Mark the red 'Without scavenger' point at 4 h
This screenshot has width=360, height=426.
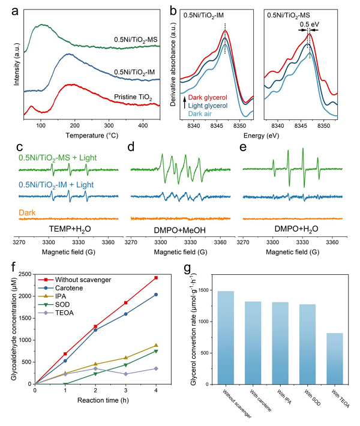[x=156, y=278]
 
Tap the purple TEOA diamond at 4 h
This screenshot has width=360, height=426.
[x=156, y=368]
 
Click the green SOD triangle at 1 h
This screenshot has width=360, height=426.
[x=65, y=384]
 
